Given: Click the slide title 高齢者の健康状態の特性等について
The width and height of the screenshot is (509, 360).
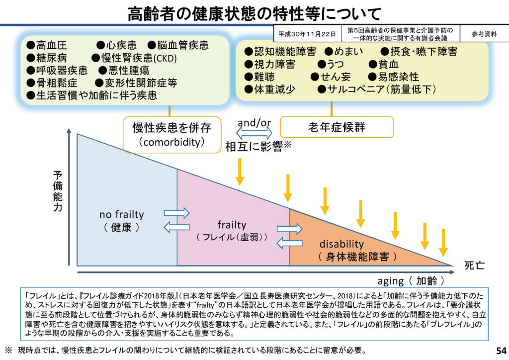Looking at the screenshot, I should pyautogui.click(x=254, y=13).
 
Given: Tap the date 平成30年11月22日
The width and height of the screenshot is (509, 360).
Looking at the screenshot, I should pyautogui.click(x=307, y=34).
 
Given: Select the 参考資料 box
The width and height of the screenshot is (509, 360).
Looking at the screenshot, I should pyautogui.click(x=484, y=34).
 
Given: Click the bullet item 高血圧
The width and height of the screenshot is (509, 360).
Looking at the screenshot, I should pyautogui.click(x=50, y=46).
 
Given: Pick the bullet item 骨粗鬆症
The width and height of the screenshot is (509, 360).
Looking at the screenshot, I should pyautogui.click(x=52, y=83).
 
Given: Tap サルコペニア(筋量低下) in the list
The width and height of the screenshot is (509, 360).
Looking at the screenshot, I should pyautogui.click(x=376, y=89).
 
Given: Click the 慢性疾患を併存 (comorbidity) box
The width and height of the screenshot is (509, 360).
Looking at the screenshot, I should pyautogui.click(x=171, y=134).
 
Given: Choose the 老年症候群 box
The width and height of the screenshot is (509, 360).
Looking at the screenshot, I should pyautogui.click(x=337, y=127).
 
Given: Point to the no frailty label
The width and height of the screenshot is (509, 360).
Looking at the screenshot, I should pyautogui.click(x=121, y=215).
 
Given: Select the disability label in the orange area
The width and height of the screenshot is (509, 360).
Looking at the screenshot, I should pyautogui.click(x=341, y=244).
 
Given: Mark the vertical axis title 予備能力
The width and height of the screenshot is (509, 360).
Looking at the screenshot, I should pyautogui.click(x=58, y=191).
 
